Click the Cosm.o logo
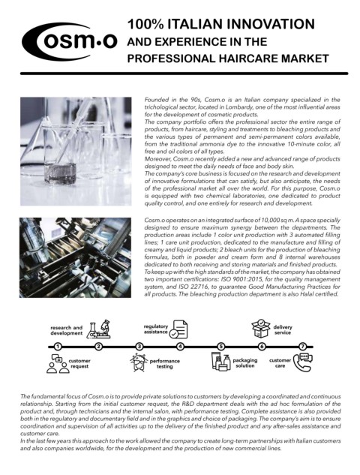coord(69,41)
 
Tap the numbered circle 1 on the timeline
coord(58,347)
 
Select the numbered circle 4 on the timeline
coord(180,347)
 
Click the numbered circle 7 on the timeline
coord(302,347)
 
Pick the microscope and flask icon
coord(98,329)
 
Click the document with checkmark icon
coord(178,329)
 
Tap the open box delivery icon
coord(261,329)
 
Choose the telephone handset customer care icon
coord(303,362)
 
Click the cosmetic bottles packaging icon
coord(220,362)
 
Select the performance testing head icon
coord(139,362)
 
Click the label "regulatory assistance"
coord(156,329)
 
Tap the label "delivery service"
coord(283,330)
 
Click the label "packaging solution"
coord(245,363)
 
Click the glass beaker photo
coord(76,151)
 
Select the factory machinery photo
coord(76,257)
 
